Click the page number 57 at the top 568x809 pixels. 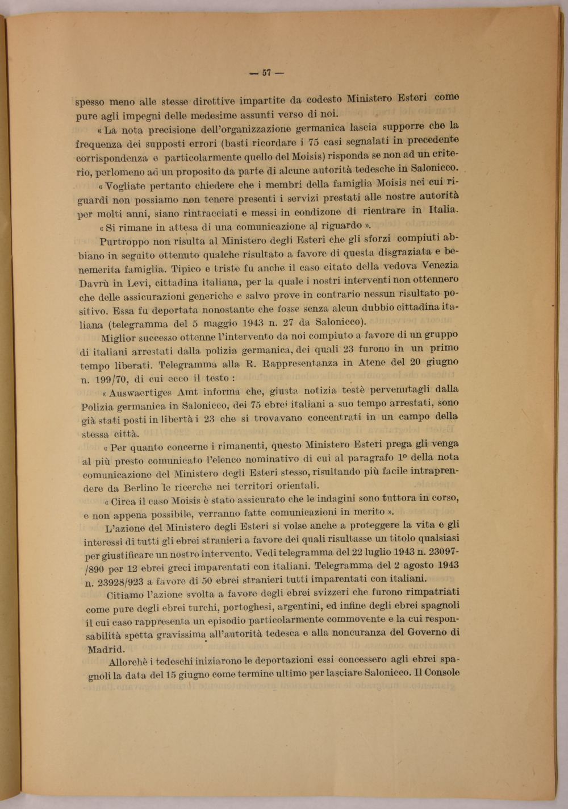[x=266, y=73]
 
